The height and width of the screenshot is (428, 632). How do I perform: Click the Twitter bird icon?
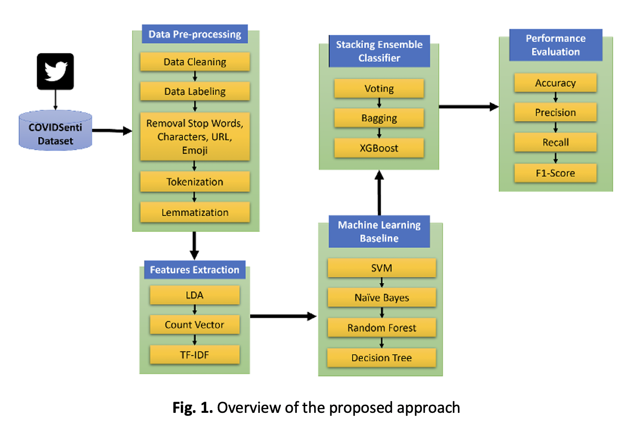coord(55,71)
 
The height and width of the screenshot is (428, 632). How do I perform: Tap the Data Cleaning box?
coord(195,62)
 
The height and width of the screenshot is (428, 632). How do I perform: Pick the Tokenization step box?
coord(195,182)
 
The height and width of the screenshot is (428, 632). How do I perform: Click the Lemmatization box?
coord(195,212)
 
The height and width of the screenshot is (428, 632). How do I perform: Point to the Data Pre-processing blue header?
coord(195,34)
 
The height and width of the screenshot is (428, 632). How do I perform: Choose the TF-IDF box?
coord(195,355)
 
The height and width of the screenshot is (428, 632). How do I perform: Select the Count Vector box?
coord(195,325)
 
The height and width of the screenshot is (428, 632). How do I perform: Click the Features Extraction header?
coord(195,270)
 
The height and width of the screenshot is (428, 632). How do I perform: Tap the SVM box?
coord(382,268)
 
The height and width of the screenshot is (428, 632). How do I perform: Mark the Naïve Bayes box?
coord(382,298)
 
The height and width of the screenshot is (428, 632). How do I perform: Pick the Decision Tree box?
coord(382,358)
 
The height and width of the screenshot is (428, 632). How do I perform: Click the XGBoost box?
coord(379,148)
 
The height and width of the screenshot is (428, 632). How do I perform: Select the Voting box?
coord(379,88)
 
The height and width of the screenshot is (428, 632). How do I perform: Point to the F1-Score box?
coord(555,173)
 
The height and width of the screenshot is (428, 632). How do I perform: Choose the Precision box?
coord(555,113)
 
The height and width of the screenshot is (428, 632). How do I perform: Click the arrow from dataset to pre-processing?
coord(112,131)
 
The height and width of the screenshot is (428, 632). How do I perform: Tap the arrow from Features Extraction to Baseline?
coord(283,316)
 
